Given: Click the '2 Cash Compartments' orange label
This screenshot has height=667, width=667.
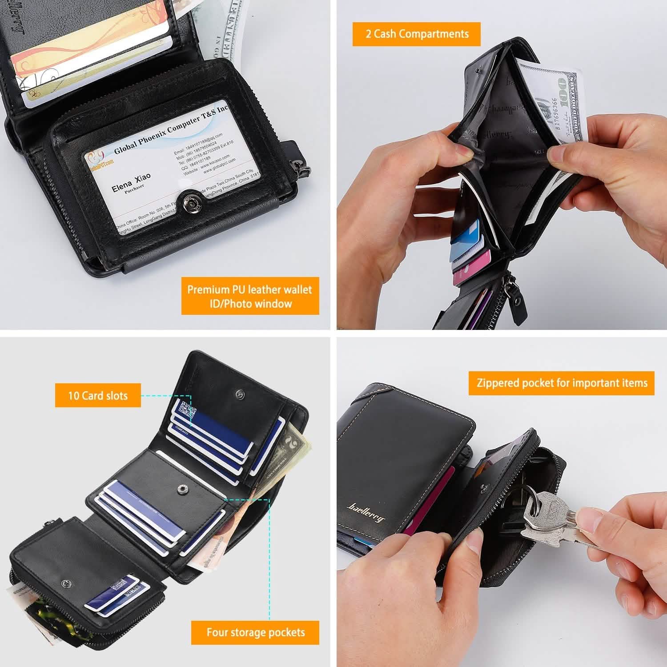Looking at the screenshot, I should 417,34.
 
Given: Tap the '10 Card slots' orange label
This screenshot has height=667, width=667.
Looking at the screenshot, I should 98,395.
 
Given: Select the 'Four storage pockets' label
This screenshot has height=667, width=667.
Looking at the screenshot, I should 255,632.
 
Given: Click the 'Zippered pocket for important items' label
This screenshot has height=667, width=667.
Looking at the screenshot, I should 562,383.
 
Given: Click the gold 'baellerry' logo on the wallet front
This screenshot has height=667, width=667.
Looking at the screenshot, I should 366,512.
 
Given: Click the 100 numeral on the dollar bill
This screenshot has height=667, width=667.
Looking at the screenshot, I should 565,92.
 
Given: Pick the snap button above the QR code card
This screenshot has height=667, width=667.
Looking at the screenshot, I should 241,393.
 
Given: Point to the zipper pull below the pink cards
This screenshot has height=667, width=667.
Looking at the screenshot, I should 516,302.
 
